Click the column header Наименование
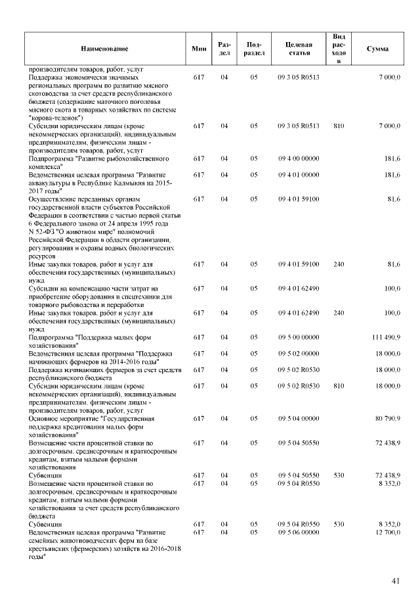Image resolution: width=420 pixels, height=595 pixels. (x=105, y=49)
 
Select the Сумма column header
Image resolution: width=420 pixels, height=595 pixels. (x=377, y=49)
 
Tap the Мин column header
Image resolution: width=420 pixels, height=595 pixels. (x=199, y=49)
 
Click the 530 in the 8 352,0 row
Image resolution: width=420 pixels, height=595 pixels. (x=339, y=524)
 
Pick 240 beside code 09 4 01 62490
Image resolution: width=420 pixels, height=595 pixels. (x=339, y=313)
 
